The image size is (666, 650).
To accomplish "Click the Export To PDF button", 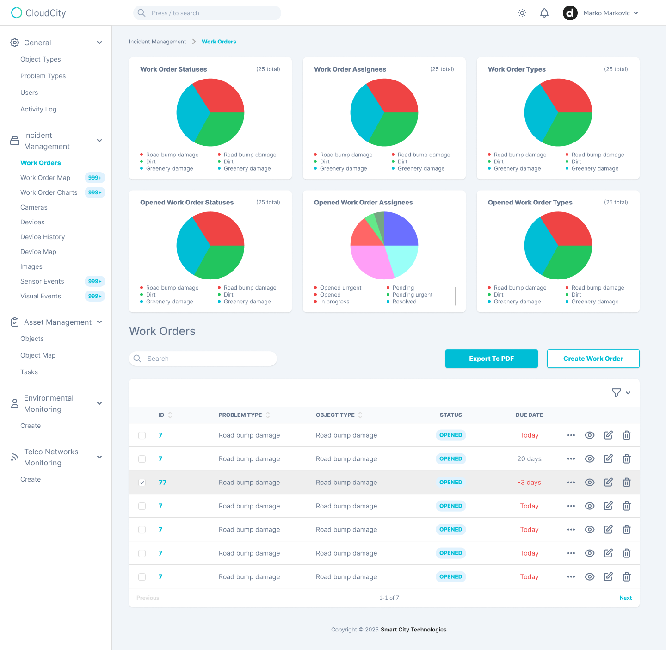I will pyautogui.click(x=491, y=359).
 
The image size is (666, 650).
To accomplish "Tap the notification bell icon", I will pyautogui.click(x=544, y=13).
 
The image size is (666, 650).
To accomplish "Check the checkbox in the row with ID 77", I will pyautogui.click(x=142, y=483).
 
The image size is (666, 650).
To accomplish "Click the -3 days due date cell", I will pyautogui.click(x=529, y=483).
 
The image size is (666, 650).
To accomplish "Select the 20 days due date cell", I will pyautogui.click(x=529, y=459).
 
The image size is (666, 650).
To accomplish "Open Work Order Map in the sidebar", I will pyautogui.click(x=45, y=178).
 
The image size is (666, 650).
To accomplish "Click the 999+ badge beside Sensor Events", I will pyautogui.click(x=95, y=281).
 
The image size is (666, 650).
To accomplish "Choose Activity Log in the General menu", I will pyautogui.click(x=38, y=109).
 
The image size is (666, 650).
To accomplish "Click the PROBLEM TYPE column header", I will pyautogui.click(x=240, y=415).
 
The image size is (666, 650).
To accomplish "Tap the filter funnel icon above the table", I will pyautogui.click(x=616, y=393).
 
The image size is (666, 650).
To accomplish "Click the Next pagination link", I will pyautogui.click(x=625, y=598).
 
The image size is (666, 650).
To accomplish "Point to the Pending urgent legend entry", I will pyautogui.click(x=412, y=295).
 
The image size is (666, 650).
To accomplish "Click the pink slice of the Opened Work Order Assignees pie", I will pyautogui.click(x=370, y=261).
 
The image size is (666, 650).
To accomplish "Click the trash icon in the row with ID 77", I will pyautogui.click(x=627, y=483).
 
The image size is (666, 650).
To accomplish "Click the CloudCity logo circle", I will pyautogui.click(x=17, y=13).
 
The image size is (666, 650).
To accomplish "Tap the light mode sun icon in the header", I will pyautogui.click(x=522, y=13).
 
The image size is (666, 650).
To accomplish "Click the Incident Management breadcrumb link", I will pyautogui.click(x=157, y=42).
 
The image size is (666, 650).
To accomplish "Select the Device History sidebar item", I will pyautogui.click(x=43, y=237).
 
